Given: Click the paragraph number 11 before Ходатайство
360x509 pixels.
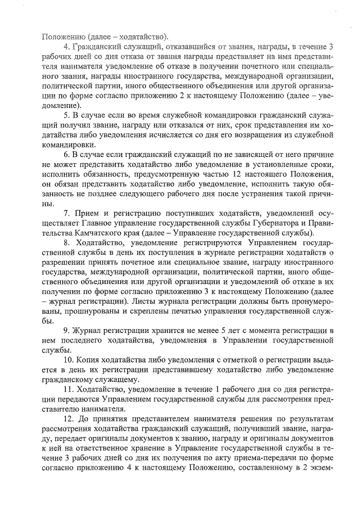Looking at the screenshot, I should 67,389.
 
